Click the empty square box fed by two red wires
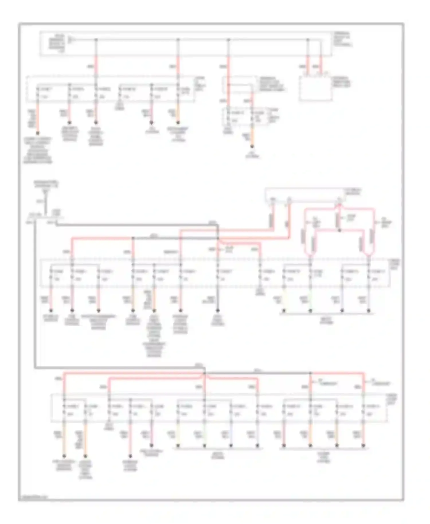pyautogui.click(x=316, y=89)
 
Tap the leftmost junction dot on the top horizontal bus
pyautogui.click(x=96, y=39)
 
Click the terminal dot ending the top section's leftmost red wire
pyautogui.click(x=37, y=134)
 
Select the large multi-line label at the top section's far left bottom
pyautogui.click(x=38, y=150)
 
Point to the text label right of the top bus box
pyautogui.click(x=343, y=40)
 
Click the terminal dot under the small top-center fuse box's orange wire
pyautogui.click(x=252, y=147)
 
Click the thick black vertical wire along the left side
pyautogui.click(x=35, y=295)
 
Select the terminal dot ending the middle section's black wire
pyautogui.click(x=218, y=310)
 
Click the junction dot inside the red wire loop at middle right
pyautogui.click(x=339, y=230)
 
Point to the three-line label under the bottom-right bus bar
pyautogui.click(x=324, y=457)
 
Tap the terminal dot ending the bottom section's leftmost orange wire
pyautogui.click(x=64, y=456)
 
